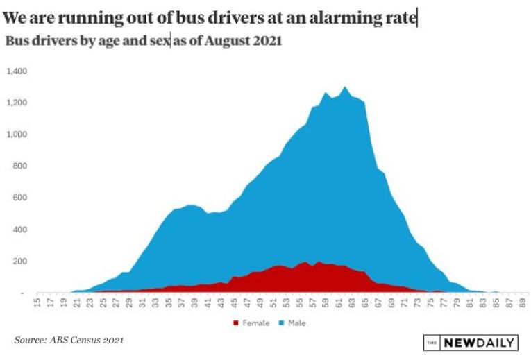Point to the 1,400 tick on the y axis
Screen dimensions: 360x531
[x=17, y=71]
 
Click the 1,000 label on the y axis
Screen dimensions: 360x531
[x=17, y=135]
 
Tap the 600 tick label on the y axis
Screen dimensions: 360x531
[x=19, y=198]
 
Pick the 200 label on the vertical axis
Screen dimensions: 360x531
[x=19, y=262]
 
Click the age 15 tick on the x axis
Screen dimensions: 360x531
[x=37, y=302]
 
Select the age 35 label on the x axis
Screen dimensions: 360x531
[x=169, y=302]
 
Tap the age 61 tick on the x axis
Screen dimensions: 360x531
[x=339, y=302]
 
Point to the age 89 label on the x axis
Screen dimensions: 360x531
[x=523, y=302]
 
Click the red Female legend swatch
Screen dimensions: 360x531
[x=236, y=323]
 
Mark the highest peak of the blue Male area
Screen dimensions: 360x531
[x=345, y=87]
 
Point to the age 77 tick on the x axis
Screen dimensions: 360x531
[x=444, y=302]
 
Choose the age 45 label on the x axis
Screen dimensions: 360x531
[x=235, y=302]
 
